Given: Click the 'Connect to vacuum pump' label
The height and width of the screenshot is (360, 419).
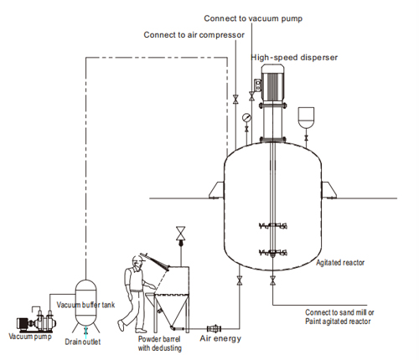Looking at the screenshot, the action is (253, 18).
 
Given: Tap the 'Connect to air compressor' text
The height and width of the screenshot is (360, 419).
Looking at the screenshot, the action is (194, 35).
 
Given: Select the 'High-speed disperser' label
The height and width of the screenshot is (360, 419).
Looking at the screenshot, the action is (294, 58).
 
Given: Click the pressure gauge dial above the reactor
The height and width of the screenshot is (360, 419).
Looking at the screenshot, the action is (246, 117).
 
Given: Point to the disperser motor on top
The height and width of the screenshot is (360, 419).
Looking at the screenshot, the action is (272, 84).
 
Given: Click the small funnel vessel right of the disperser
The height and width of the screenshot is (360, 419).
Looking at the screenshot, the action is (306, 117).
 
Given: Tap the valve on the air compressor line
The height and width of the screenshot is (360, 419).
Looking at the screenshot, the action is (235, 100).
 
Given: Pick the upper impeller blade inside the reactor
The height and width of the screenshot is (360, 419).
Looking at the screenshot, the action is (273, 225).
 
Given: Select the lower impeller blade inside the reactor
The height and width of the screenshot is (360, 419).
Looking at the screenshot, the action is (273, 253).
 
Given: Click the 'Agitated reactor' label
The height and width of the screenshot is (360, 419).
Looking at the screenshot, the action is (340, 263).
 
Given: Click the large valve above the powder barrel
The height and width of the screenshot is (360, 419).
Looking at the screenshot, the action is (181, 234).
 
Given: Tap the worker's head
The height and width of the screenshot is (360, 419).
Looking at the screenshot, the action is (137, 263).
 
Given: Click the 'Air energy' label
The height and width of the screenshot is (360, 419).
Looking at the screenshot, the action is (220, 338).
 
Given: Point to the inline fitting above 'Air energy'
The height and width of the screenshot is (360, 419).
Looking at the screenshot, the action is (215, 328).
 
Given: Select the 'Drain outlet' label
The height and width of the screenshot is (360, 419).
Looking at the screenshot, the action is (83, 342).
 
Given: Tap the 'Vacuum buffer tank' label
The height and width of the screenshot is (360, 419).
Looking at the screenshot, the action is (85, 305).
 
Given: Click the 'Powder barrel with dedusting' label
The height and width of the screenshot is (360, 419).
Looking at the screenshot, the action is (160, 343).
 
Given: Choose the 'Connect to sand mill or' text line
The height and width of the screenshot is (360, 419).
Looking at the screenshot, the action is (339, 312).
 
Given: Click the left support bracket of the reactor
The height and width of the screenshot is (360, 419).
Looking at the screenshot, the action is (217, 190).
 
